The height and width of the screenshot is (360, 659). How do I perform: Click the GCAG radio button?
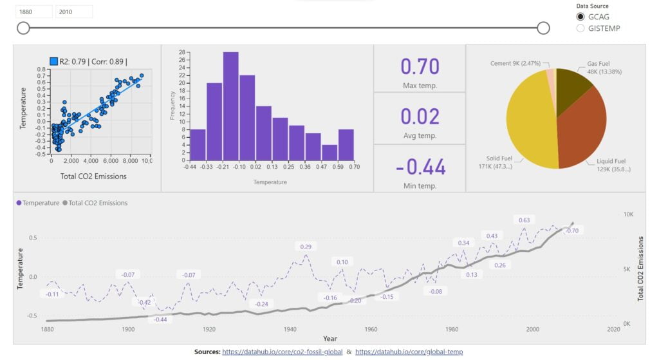580,17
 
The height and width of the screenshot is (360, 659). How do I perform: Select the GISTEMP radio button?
580,28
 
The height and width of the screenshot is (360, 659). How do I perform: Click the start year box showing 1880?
34,12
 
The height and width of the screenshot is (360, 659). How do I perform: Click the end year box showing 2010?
74,12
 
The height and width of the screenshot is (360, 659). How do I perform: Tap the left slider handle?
23,28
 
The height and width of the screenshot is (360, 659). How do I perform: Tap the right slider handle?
543,28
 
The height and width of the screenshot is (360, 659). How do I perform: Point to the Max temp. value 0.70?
420,66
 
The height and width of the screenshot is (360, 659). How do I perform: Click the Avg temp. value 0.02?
420,116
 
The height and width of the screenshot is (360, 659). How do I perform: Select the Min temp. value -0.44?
420,167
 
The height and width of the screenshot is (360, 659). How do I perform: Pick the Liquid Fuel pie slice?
582,132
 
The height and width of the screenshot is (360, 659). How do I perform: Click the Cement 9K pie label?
514,63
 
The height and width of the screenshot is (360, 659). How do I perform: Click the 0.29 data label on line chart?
306,247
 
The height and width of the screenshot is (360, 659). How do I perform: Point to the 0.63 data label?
524,220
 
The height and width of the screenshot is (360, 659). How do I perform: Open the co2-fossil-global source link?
283,352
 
